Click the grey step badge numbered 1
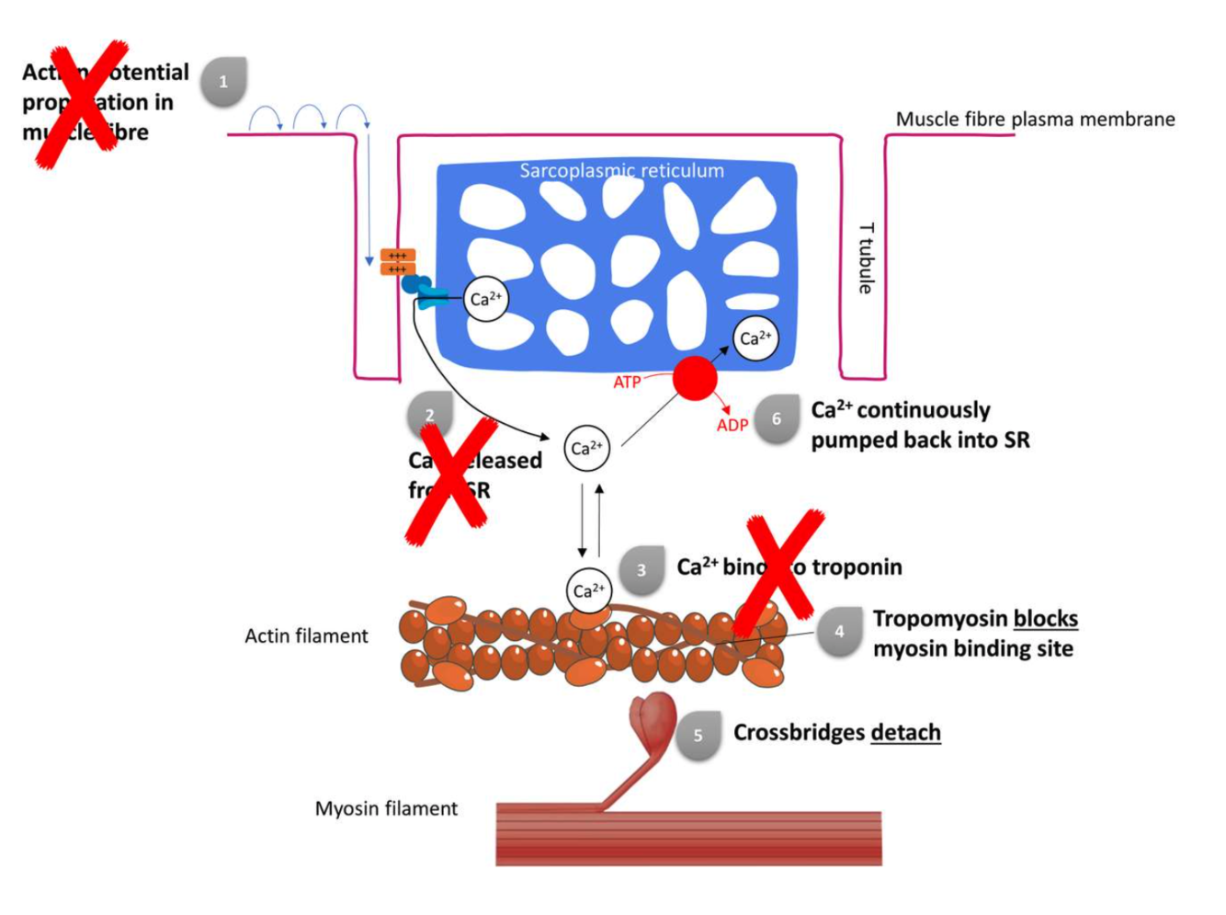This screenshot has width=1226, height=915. pos(223,82)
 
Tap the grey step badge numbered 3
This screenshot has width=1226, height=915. pos(641,570)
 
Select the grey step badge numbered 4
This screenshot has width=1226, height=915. pos(839,632)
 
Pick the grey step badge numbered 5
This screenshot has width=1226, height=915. pos(698,735)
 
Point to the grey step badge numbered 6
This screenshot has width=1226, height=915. pos(777,419)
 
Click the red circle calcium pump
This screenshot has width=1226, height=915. pos(695,378)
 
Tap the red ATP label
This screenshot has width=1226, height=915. pos(627,382)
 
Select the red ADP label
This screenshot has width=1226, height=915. pos(732,425)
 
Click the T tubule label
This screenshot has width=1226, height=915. pos(866,258)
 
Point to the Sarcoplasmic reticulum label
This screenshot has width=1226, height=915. pos(621,170)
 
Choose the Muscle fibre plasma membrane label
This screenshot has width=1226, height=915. pos(1035,119)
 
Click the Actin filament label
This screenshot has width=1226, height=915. pos(306,635)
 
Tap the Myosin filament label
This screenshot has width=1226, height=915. pos(386,808)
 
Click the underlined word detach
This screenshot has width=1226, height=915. pos(905,733)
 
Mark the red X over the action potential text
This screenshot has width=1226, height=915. pos(83,104)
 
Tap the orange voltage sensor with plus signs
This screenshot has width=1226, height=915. pos(397,262)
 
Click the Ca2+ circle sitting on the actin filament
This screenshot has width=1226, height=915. pos(588,590)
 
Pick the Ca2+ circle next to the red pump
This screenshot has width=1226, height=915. pos(755,338)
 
